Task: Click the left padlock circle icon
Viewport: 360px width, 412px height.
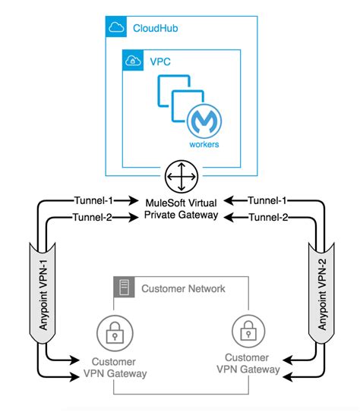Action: (113, 332)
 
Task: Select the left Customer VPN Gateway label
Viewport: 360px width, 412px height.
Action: (114, 366)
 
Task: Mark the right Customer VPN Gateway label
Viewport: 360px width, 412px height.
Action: (247, 363)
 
